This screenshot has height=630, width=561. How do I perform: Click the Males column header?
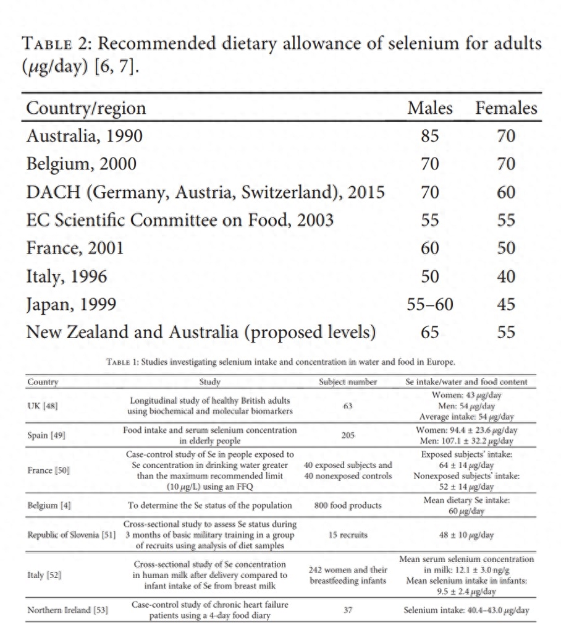click(x=430, y=108)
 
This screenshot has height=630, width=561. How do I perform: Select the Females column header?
click(x=506, y=108)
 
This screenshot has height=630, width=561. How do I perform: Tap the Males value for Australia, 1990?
click(x=430, y=135)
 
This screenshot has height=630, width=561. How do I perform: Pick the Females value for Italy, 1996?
click(x=506, y=276)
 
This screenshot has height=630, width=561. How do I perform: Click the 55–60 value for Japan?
click(x=430, y=304)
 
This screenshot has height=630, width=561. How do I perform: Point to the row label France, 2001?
click(x=75, y=248)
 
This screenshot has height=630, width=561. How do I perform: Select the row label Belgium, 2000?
click(x=81, y=164)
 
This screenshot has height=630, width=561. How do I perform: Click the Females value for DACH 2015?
click(x=506, y=192)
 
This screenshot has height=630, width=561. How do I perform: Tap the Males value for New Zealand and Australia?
click(x=430, y=332)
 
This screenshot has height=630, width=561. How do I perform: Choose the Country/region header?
click(x=86, y=108)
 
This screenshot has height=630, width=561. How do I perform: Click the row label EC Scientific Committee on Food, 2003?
click(x=180, y=220)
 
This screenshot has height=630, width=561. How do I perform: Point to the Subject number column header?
click(x=348, y=382)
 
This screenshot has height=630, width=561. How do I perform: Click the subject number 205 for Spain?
click(x=348, y=435)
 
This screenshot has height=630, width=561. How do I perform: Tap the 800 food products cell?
click(x=348, y=505)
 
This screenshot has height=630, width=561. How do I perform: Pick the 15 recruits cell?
click(x=348, y=535)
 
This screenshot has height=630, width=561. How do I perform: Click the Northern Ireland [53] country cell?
click(x=67, y=610)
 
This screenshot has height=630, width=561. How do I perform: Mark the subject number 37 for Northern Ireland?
click(x=348, y=610)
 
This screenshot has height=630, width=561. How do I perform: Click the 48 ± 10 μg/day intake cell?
click(x=466, y=535)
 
